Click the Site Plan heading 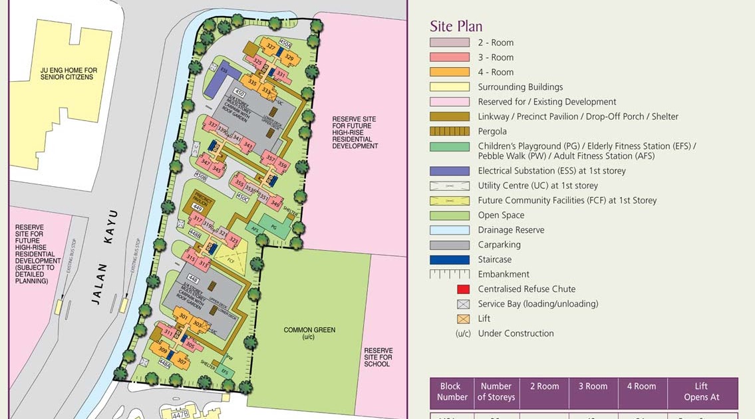coord(456,26)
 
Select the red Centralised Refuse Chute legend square coord(464,289)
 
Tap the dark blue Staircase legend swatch coord(450,259)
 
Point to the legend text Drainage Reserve coord(511,230)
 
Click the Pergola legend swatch coord(450,131)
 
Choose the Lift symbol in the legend coord(464,319)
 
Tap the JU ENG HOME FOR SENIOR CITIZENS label coord(68,73)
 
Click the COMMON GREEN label coord(309,333)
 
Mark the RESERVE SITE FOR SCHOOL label coord(378,357)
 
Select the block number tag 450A coord(285,43)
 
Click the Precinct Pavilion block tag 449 coord(197,208)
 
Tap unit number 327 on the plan coord(270,47)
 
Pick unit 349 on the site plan coord(276,204)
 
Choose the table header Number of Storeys coord(496,392)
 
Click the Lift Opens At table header coord(702,392)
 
